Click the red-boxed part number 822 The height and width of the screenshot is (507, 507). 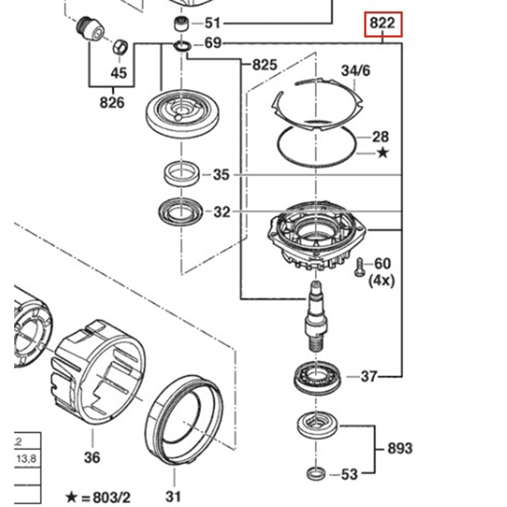click(x=383, y=24)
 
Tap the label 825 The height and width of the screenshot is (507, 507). click(x=265, y=64)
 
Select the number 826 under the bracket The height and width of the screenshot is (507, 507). click(x=112, y=102)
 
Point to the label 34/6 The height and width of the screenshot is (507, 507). click(x=355, y=70)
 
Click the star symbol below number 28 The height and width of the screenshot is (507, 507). click(x=382, y=152)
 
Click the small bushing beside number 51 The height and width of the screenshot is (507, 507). click(x=181, y=23)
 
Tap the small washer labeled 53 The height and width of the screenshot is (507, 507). click(x=316, y=474)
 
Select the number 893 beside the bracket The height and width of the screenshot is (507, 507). click(x=400, y=448)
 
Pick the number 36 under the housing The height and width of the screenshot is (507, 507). click(x=92, y=457)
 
